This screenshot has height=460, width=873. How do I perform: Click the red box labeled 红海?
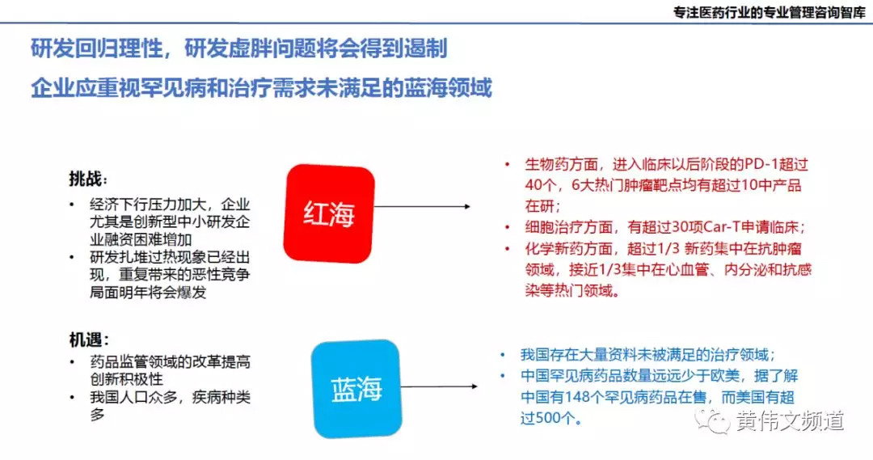tap(330, 213)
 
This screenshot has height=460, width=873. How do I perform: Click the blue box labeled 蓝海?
tap(356, 390)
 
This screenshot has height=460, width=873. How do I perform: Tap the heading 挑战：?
tap(88, 178)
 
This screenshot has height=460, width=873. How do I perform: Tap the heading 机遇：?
tap(88, 340)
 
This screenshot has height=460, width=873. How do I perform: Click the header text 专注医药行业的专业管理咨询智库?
tap(769, 14)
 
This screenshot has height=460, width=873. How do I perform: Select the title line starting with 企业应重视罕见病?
tap(261, 87)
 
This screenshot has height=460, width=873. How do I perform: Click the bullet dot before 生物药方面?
tap(507, 164)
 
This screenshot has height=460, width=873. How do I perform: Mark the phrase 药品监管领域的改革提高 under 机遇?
tap(171, 362)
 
